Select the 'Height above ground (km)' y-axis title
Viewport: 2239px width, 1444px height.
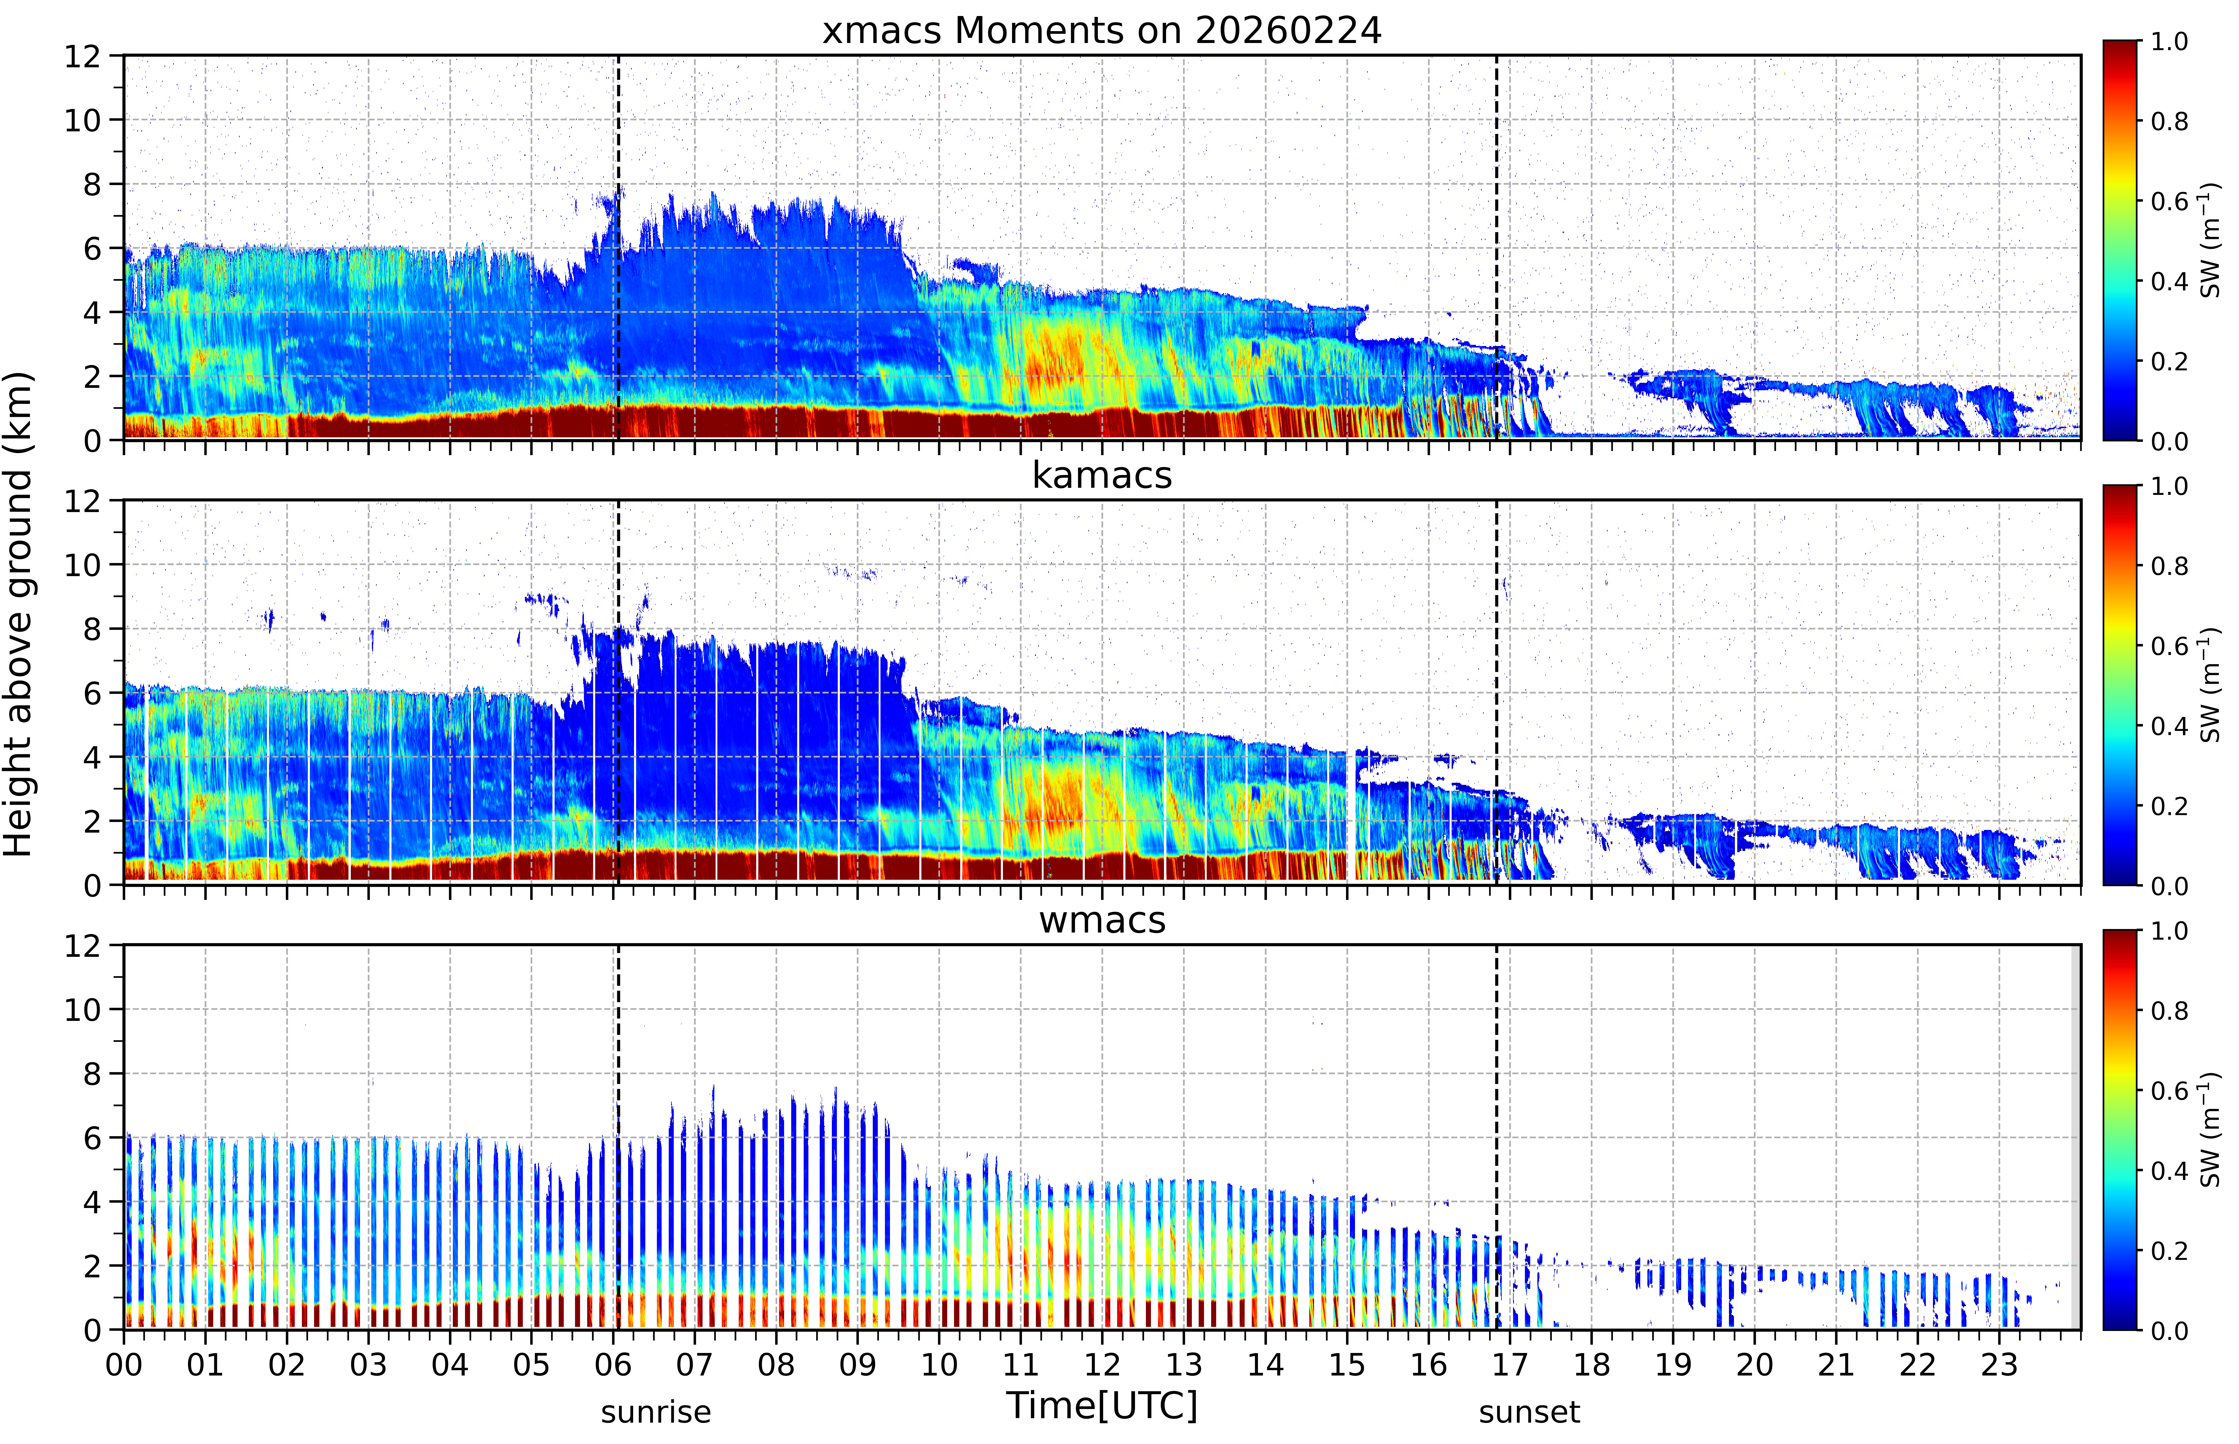(19, 614)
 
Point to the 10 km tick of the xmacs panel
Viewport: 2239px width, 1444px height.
(82, 120)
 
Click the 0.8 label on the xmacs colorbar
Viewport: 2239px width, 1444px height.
(2170, 121)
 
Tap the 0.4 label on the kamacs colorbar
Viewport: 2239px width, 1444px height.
(2170, 726)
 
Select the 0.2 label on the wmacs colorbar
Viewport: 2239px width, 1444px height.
(2170, 1251)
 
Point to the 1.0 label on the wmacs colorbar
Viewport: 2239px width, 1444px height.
(2170, 931)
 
